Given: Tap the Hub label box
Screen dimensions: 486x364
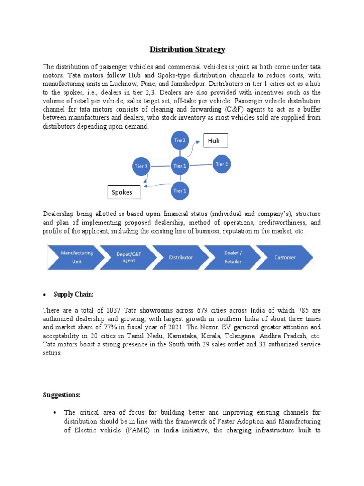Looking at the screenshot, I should pyautogui.click(x=216, y=140).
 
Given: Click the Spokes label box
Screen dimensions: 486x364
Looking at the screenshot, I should pyautogui.click(x=125, y=192).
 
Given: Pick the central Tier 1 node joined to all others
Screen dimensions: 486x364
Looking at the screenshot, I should pyautogui.click(x=180, y=166).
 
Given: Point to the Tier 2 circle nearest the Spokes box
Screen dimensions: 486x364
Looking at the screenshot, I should pyautogui.click(x=141, y=166).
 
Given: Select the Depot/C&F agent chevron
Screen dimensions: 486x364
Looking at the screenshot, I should pyautogui.click(x=128, y=257).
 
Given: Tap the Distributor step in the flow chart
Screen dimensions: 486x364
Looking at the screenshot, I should pyautogui.click(x=181, y=257).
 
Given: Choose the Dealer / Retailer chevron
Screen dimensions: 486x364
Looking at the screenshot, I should pyautogui.click(x=233, y=257).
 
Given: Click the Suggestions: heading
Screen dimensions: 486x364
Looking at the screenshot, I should pyautogui.click(x=62, y=394).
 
